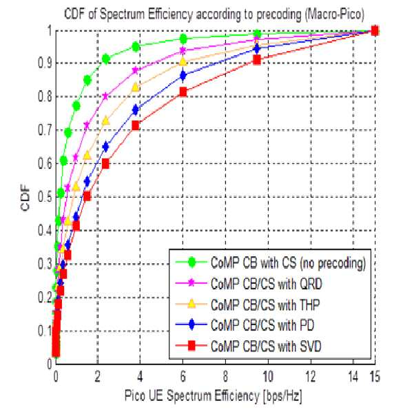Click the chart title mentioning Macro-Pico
pyautogui.click(x=214, y=14)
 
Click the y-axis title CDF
pyautogui.click(x=25, y=198)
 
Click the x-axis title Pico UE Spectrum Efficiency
pyautogui.click(x=213, y=396)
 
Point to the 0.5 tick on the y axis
pyautogui.click(x=45, y=197)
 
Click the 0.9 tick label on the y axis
pyautogui.click(x=45, y=63)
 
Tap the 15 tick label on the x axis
pyautogui.click(x=375, y=377)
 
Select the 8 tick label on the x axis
pyautogui.click(x=225, y=377)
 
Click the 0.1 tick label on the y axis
pyautogui.click(x=45, y=331)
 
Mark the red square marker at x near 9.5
pyautogui.click(x=257, y=60)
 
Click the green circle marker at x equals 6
pyautogui.click(x=183, y=39)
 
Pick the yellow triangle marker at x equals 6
pyautogui.click(x=183, y=61)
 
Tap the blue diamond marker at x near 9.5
pyautogui.click(x=257, y=49)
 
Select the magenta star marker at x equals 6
pyautogui.click(x=183, y=50)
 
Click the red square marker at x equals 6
pyautogui.click(x=183, y=92)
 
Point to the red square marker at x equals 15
pyautogui.click(x=375, y=30)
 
